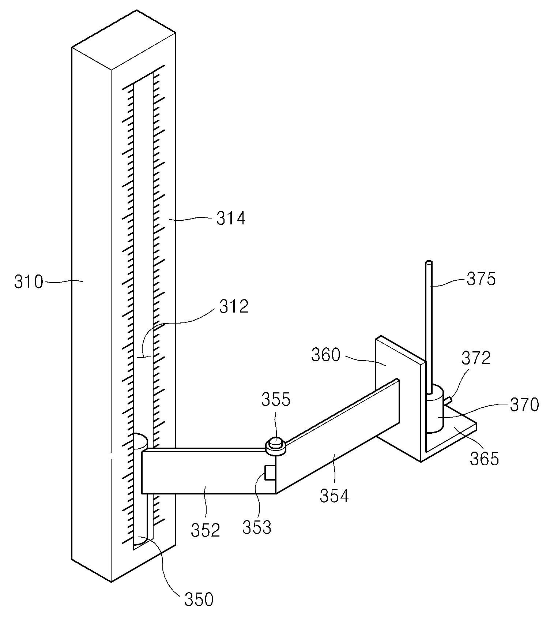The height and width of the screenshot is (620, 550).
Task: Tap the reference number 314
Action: point(231,219)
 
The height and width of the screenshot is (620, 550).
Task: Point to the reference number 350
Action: point(199,600)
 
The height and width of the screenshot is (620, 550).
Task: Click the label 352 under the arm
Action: point(206,530)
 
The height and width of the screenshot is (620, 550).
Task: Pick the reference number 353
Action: point(257,527)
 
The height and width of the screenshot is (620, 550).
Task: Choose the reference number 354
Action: point(334,496)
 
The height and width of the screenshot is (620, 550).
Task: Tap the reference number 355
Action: point(276,399)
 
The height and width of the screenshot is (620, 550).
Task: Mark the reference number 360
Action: point(326,355)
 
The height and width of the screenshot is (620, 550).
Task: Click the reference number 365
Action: point(485,459)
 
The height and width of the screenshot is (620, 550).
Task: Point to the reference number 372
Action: point(476,358)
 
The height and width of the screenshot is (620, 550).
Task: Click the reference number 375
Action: point(481,279)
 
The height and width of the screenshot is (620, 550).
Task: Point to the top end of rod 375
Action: point(429,262)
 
